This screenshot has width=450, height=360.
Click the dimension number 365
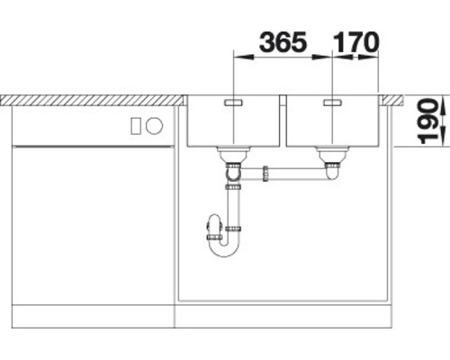(x=283, y=41)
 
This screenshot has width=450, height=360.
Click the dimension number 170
(x=355, y=41)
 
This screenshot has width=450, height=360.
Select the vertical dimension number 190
(x=428, y=121)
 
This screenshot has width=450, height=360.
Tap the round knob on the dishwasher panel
(x=154, y=125)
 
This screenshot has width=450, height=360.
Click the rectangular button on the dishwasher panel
(x=136, y=126)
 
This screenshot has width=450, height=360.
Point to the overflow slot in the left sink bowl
(x=233, y=103)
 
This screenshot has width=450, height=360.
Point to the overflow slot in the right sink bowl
(x=332, y=103)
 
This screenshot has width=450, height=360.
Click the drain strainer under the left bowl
(x=233, y=154)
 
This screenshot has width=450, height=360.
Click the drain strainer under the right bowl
(x=332, y=154)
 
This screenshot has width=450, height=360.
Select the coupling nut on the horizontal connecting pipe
(x=265, y=174)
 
